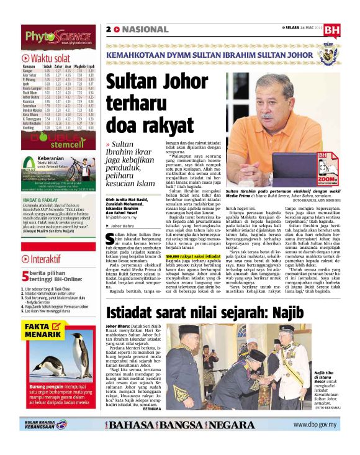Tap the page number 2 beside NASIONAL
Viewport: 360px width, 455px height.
coord(109,29)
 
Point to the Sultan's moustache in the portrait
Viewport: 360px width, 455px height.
coord(266,115)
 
